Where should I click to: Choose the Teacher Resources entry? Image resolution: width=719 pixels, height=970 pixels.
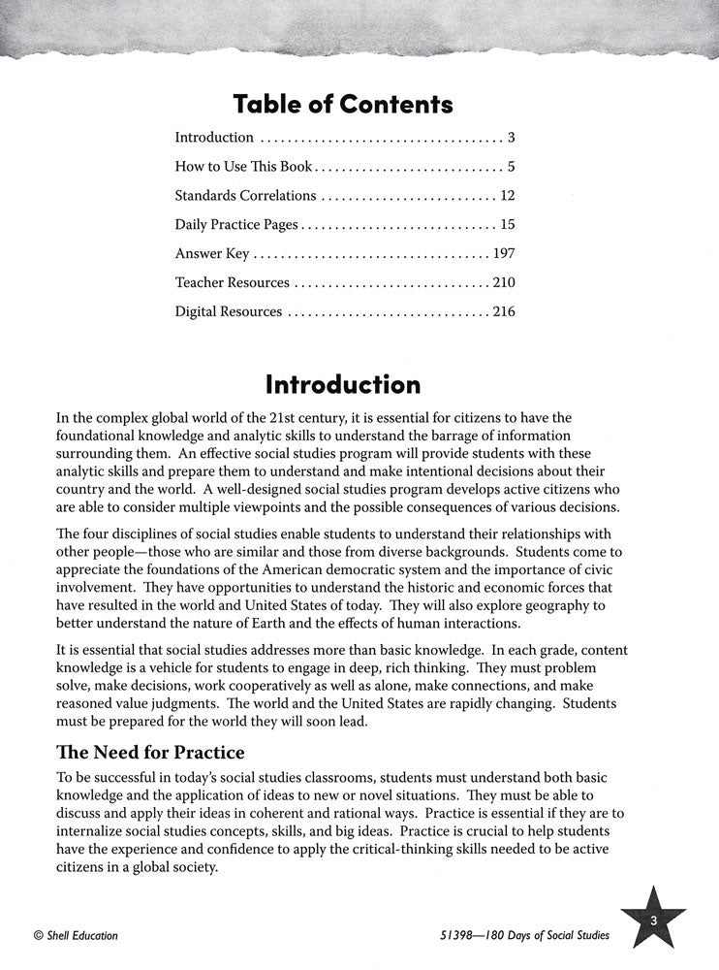232,283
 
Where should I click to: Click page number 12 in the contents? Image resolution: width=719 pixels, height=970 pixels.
506,196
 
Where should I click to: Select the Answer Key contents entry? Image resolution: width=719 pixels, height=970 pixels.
211,254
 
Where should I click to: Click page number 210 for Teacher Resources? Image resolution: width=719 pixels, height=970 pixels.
501,283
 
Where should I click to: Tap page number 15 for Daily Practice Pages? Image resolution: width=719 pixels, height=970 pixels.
506,225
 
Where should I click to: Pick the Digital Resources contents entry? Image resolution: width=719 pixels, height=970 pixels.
228,312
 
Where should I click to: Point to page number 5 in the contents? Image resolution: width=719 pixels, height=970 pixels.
510,167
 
